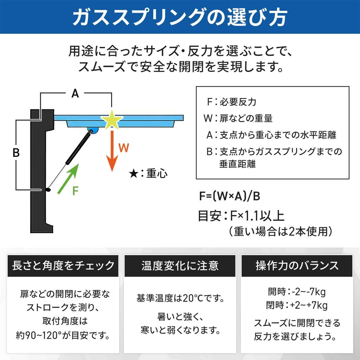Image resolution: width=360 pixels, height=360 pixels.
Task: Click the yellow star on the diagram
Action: pos(112,120)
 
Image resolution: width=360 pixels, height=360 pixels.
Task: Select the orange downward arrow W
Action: pos(112,151)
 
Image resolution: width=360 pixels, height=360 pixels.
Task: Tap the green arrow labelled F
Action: pos(68,179)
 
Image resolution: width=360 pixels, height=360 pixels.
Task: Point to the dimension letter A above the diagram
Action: pos(75,94)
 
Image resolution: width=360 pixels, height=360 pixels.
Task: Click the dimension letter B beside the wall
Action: pos(16,153)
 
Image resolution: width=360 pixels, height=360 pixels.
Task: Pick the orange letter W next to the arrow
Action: pos(124,148)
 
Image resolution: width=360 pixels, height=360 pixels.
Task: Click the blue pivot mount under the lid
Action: pos(93,130)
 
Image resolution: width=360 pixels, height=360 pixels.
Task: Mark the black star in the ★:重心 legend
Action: pos(133,174)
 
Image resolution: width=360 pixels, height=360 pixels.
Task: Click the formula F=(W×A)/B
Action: pos(229,196)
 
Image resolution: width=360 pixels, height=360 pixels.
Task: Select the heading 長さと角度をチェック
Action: pos(63,266)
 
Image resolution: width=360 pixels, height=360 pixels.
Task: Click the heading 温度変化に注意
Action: pos(180,266)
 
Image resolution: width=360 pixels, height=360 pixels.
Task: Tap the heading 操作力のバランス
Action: pos(297,266)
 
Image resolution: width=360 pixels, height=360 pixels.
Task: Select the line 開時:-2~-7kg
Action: pos(297,292)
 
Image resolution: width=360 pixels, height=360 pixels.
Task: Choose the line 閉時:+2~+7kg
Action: pos(297,306)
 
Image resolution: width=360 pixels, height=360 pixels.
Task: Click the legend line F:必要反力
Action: pos(231,102)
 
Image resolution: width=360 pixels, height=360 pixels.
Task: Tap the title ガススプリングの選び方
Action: pos(180,17)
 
